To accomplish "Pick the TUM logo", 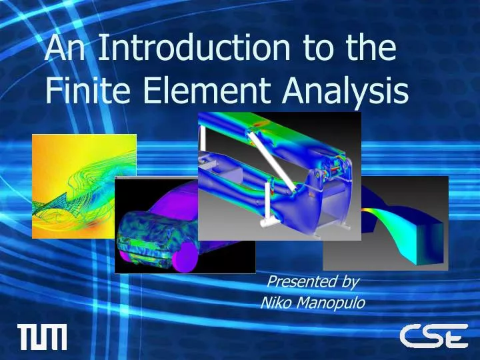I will (x=41, y=337).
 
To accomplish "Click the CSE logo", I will (x=433, y=336).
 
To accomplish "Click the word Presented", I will (x=299, y=281).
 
